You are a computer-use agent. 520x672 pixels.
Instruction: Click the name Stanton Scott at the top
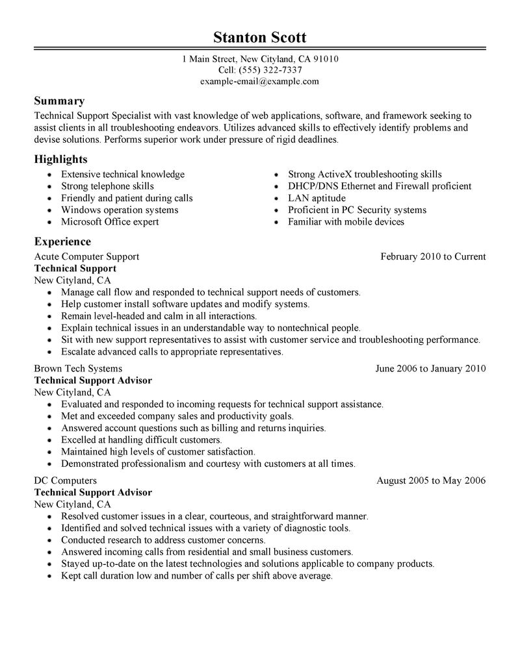point(259,36)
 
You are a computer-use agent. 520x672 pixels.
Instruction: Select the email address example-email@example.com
point(259,81)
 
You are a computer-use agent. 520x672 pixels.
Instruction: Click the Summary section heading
point(59,101)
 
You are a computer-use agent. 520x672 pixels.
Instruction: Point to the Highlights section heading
point(61,159)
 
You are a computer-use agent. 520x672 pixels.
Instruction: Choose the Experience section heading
point(62,242)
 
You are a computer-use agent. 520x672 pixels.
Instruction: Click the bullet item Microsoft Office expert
point(110,222)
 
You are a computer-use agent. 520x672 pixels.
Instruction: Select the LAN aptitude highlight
point(317,198)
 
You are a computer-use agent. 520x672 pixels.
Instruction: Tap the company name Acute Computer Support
point(86,256)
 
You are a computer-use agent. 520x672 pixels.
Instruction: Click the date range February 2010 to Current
point(433,256)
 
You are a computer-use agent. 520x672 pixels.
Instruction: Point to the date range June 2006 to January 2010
point(430,369)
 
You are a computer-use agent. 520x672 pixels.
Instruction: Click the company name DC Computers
point(66,481)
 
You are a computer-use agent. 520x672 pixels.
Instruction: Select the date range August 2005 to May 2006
point(431,481)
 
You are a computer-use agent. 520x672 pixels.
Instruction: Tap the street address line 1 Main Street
point(259,59)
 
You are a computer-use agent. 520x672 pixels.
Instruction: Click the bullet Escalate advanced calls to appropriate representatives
point(172,352)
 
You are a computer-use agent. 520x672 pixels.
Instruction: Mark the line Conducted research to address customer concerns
point(163,540)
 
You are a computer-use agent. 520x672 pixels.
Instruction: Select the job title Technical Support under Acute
point(75,268)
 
